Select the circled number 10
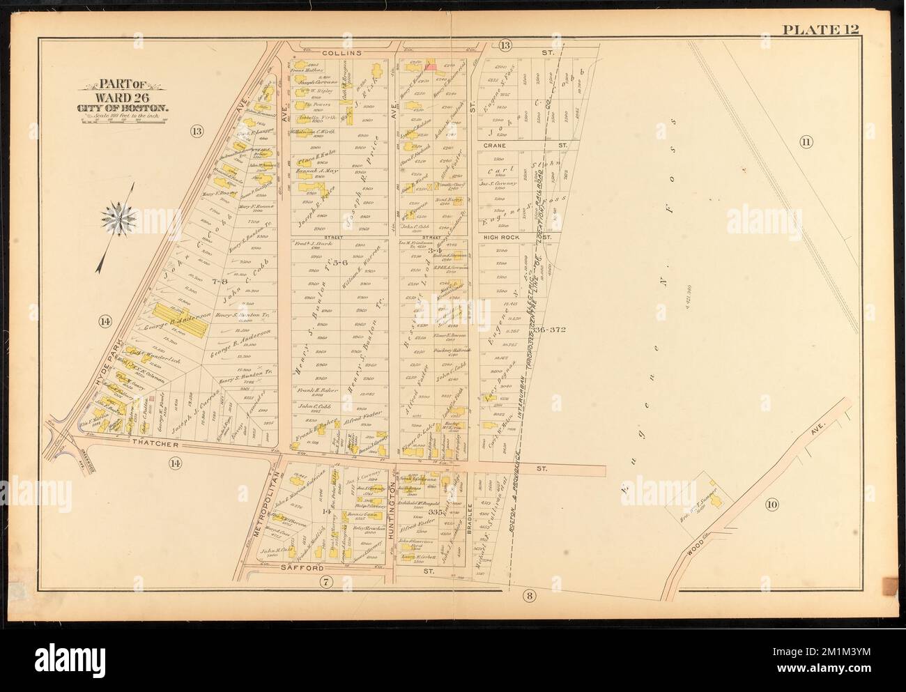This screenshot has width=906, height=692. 770,505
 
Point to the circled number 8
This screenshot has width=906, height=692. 529,594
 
